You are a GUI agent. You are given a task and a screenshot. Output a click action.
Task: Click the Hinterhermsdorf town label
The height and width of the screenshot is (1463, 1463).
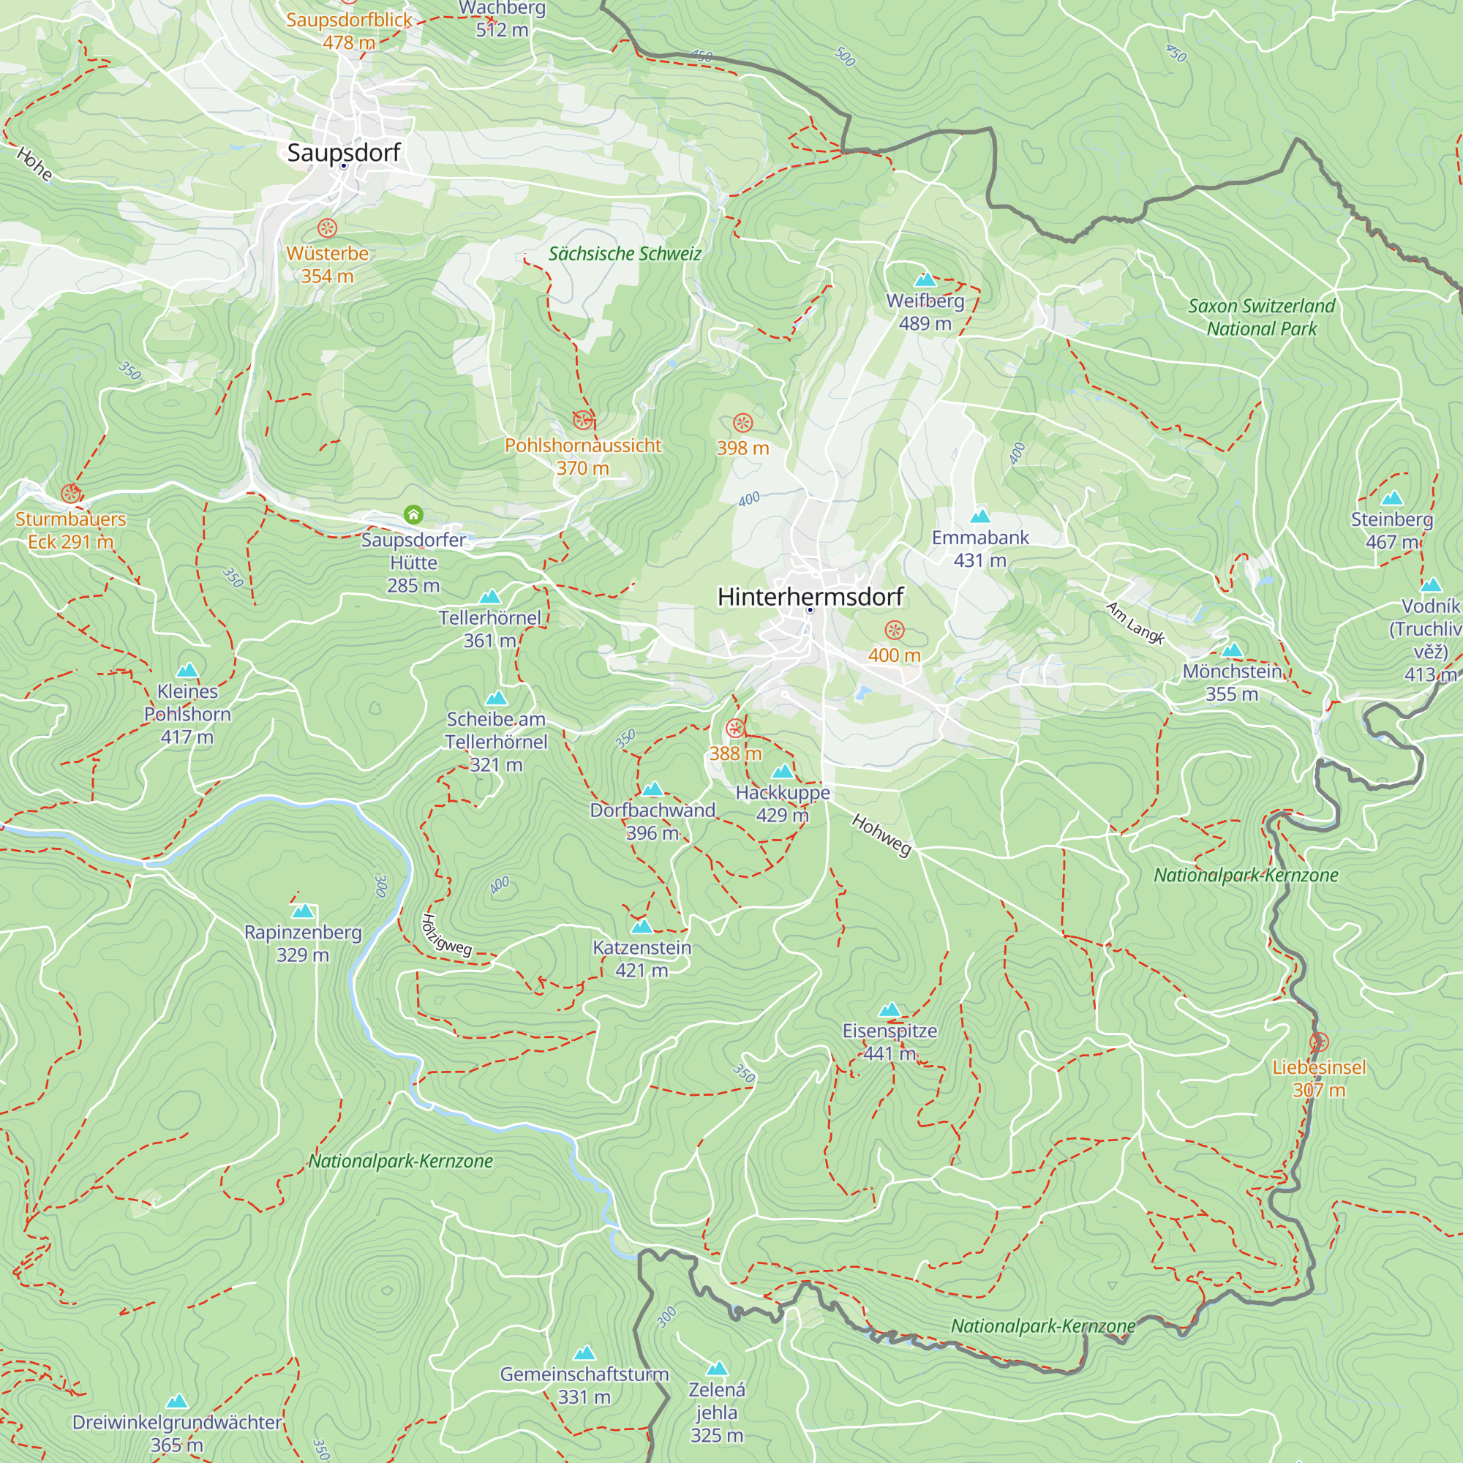coord(810,597)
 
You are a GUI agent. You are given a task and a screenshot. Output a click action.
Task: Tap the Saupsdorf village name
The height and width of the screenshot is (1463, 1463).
coord(343,152)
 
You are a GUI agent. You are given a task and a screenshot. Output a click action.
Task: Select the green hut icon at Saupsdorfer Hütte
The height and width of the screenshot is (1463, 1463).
coord(413,515)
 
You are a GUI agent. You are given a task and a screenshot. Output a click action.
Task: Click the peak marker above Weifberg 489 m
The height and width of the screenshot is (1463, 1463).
coord(925,280)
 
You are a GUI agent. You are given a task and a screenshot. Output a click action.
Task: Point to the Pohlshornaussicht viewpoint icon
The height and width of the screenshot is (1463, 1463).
coord(582,419)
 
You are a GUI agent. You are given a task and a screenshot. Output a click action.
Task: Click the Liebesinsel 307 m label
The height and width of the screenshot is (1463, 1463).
coord(1318,1078)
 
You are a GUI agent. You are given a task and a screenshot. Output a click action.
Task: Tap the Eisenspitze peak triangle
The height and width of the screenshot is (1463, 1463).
coord(890,1009)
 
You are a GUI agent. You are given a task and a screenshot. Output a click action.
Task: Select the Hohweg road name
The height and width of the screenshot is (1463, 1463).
coord(881,835)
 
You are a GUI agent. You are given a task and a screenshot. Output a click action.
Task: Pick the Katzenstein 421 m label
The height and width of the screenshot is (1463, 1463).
coord(642,959)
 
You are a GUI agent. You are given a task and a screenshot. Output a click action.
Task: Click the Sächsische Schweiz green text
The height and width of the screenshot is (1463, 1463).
coord(625,254)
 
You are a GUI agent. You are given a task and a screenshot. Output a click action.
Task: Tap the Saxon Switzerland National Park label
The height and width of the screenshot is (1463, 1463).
coord(1261,317)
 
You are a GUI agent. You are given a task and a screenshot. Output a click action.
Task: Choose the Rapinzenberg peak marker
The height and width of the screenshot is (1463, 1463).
coord(303,911)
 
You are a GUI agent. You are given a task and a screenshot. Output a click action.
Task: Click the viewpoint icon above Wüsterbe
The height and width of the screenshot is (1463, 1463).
coord(327,228)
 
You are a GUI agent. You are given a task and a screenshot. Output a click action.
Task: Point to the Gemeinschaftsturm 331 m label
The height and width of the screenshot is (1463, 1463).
coord(584,1385)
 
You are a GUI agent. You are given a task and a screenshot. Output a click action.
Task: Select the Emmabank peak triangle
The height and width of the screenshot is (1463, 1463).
coord(980,516)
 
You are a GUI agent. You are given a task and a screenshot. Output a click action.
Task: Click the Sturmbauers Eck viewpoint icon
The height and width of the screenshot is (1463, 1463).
coord(71,494)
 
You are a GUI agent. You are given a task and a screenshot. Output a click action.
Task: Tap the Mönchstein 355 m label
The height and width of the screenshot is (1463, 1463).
coord(1232,682)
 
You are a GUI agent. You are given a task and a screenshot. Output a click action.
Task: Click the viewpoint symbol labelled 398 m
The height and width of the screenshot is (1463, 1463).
coord(743,423)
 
